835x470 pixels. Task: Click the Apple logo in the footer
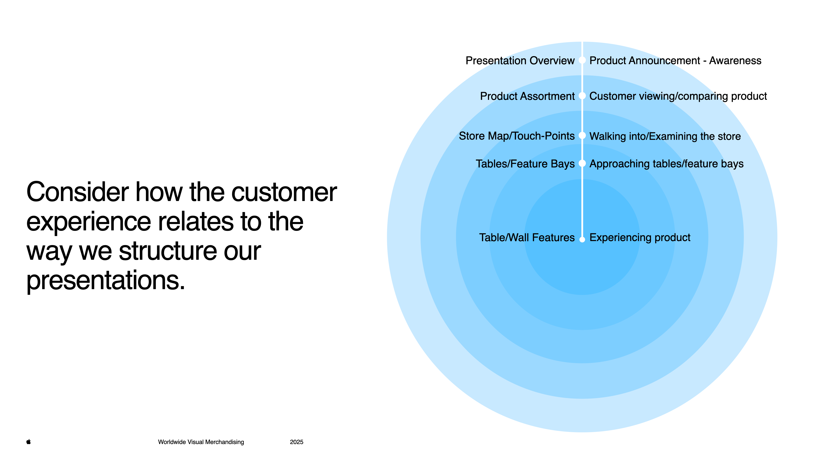[28, 441]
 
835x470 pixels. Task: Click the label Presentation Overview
[520, 61]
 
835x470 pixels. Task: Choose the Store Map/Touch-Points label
[516, 136]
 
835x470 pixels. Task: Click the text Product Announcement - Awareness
[675, 61]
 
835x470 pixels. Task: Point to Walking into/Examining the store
[665, 136]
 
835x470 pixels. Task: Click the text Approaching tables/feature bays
[666, 164]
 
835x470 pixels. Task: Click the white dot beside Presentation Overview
[582, 60]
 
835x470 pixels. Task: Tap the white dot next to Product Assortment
[582, 96]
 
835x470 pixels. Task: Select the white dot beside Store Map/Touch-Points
[582, 136]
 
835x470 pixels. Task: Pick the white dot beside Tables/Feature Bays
[582, 163]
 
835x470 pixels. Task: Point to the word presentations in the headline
[105, 280]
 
